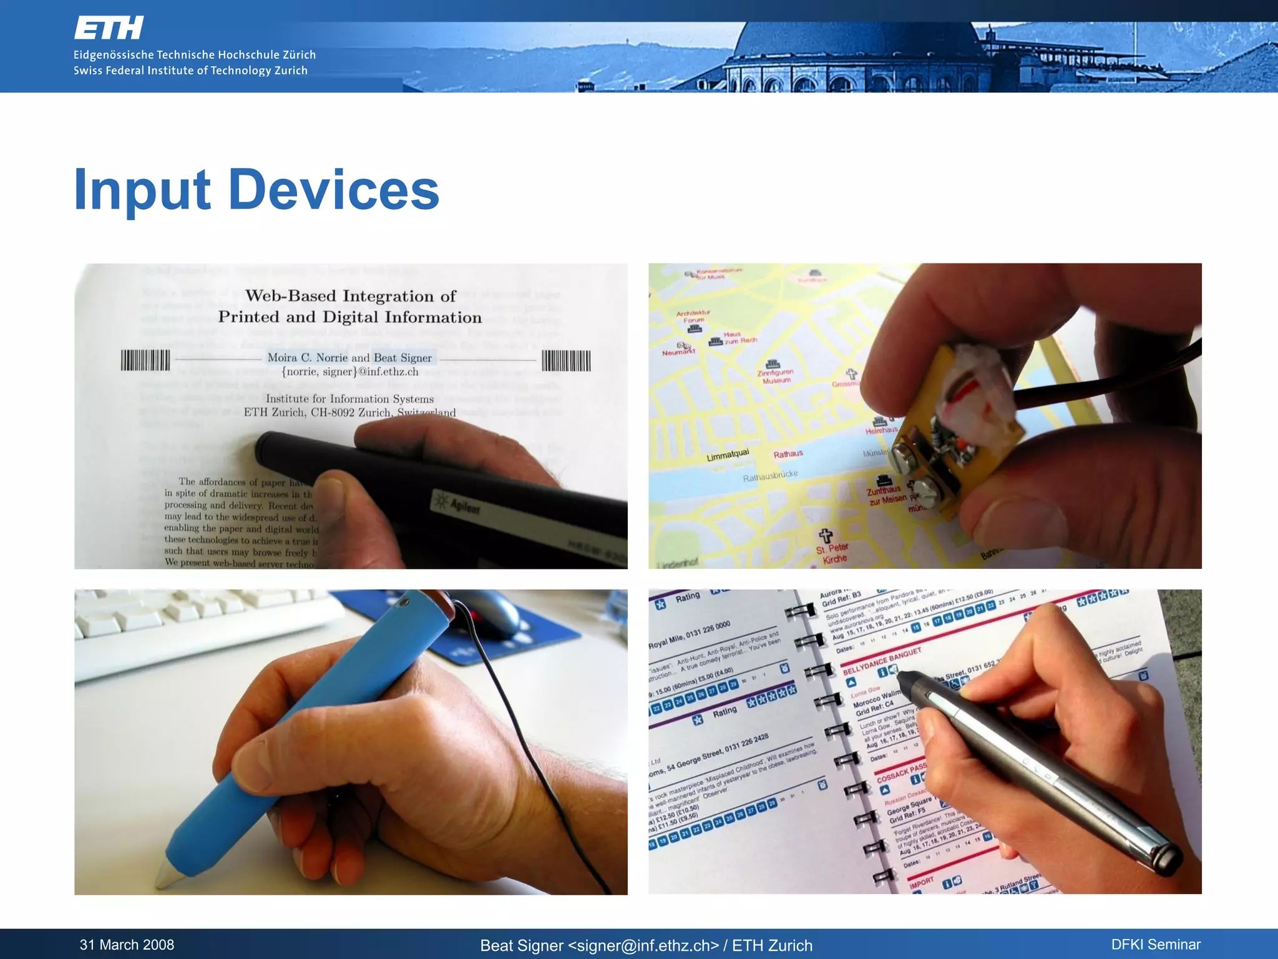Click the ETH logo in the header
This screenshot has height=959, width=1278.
pyautogui.click(x=109, y=28)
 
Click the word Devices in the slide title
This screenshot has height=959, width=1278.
pyautogui.click(x=334, y=190)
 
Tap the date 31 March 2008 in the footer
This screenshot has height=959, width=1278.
pyautogui.click(x=127, y=945)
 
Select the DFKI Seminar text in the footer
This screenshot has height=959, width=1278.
pyautogui.click(x=1156, y=945)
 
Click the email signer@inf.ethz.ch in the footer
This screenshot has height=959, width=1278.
pyautogui.click(x=643, y=945)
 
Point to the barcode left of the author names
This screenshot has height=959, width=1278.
pyautogui.click(x=145, y=360)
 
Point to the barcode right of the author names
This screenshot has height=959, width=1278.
pyautogui.click(x=566, y=360)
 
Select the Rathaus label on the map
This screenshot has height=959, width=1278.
pyautogui.click(x=788, y=454)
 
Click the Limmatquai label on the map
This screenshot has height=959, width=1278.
pyautogui.click(x=728, y=455)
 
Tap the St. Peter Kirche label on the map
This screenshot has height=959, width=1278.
pyautogui.click(x=832, y=553)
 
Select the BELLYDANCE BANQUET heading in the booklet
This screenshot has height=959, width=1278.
pyautogui.click(x=882, y=661)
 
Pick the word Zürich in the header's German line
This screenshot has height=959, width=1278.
pyautogui.click(x=299, y=55)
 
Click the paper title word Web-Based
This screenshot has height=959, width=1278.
pyautogui.click(x=290, y=296)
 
